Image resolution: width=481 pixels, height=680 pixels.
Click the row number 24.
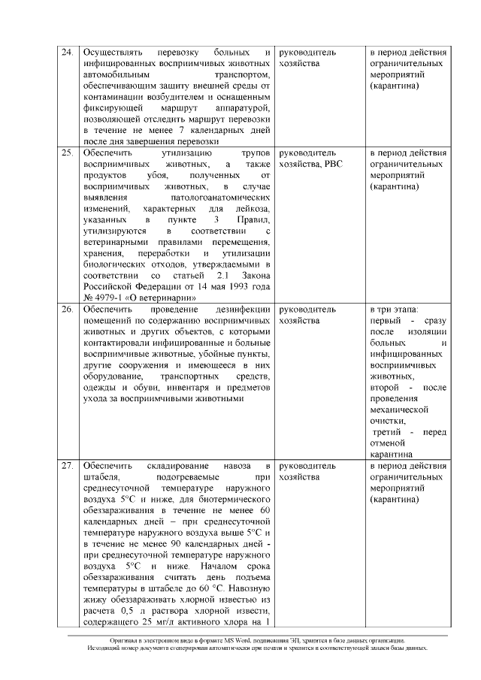(66, 53)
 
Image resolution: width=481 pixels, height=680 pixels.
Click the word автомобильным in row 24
(115, 76)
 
